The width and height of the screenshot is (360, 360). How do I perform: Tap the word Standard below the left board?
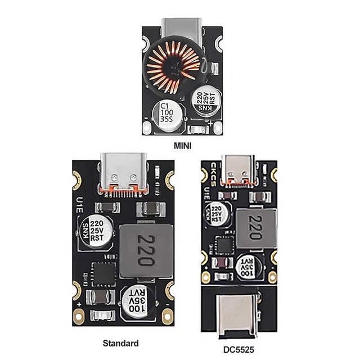coord(120,342)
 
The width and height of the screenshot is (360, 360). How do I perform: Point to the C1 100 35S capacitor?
coord(166,112)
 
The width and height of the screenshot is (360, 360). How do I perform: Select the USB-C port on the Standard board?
coord(119,171)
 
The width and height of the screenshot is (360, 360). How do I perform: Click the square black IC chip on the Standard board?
coord(103,273)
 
